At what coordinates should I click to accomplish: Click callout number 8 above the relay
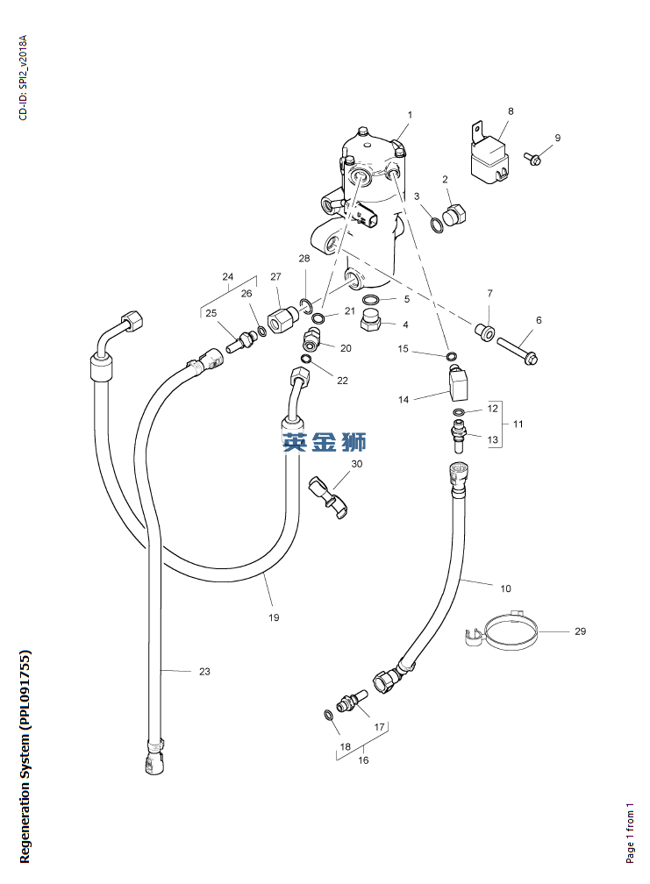pos(511,111)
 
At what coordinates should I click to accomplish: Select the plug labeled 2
pos(455,214)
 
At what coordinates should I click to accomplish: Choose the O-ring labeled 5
pos(372,300)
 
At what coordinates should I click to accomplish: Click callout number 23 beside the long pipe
pos(204,672)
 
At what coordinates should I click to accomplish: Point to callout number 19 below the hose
pos(274,617)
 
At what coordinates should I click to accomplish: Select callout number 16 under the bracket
pos(363,760)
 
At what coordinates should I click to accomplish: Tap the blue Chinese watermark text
pos(325,442)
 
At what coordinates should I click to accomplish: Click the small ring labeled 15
pos(452,356)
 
